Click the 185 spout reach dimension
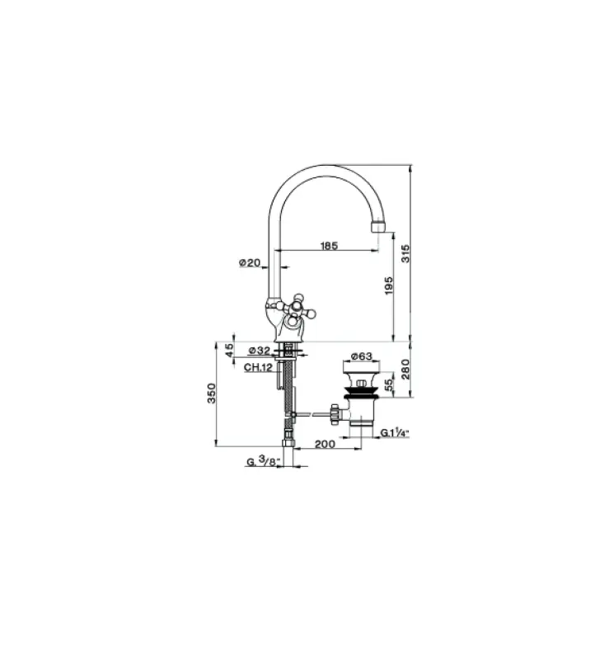[329, 245]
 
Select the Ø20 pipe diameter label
[250, 263]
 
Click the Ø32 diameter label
[260, 350]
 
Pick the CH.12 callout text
[259, 366]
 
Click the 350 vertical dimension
[212, 394]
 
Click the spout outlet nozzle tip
[379, 225]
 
